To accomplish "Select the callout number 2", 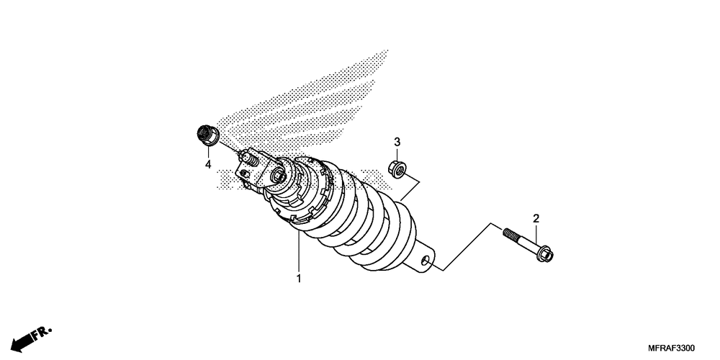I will pos(536,218).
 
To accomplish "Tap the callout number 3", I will pos(396,141).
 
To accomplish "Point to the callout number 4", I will pos(207,165).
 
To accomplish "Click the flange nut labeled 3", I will pos(397,169).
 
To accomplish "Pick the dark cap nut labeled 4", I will pos(207,135).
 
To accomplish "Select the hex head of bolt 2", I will pos(548,254).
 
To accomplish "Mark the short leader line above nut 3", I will pos(396,154).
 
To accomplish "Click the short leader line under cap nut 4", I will pos(207,152).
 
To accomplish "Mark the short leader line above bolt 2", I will pos(536,234).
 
